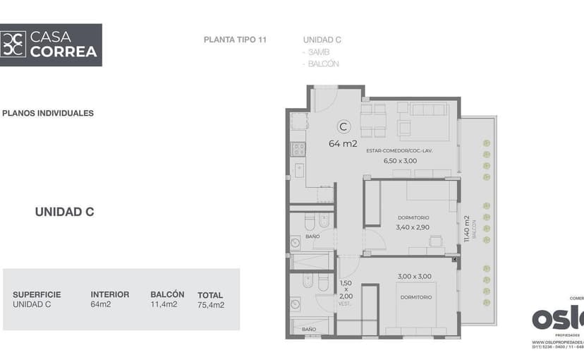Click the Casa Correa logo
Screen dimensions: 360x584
coord(51,44)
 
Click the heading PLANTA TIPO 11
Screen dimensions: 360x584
coord(235,40)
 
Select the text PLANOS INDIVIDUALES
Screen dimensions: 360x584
coord(48,113)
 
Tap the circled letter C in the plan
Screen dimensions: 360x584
coord(343,127)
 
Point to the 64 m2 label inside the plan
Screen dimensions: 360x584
coord(343,143)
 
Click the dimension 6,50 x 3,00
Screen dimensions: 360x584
coord(400,161)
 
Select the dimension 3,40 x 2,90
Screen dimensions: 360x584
coord(413,227)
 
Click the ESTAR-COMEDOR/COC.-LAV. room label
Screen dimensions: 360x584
coord(399,151)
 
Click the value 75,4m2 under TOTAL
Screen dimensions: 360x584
coord(211,305)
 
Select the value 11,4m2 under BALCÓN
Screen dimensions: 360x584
coord(164,305)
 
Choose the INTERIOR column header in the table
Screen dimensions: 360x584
coord(109,294)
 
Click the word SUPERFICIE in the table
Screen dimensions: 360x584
coord(37,294)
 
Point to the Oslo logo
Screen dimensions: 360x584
coord(557,317)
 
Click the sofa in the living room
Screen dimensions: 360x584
coord(428,110)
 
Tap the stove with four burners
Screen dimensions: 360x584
coord(298,149)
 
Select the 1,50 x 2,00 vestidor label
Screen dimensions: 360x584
coord(345,291)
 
